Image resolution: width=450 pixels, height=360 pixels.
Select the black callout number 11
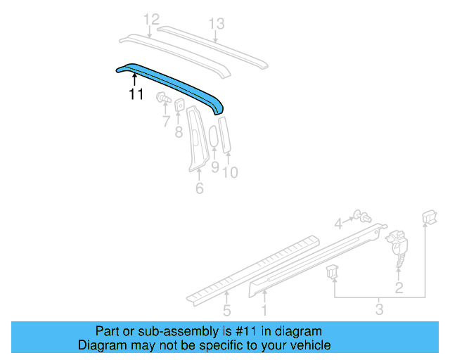[x=135, y=94]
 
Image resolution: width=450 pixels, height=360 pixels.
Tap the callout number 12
[x=151, y=20]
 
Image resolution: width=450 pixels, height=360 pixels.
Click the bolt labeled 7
[x=163, y=98]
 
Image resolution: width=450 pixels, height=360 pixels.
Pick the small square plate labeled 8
[x=179, y=105]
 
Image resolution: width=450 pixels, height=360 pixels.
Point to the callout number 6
[x=199, y=188]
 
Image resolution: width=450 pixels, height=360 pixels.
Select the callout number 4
[x=338, y=224]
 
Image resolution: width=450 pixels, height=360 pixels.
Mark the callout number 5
[x=226, y=309]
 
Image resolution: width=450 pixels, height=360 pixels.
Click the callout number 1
[x=264, y=309]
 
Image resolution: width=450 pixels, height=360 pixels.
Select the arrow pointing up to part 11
[x=135, y=79]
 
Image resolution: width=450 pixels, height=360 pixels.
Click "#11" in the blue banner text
[x=268, y=331]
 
